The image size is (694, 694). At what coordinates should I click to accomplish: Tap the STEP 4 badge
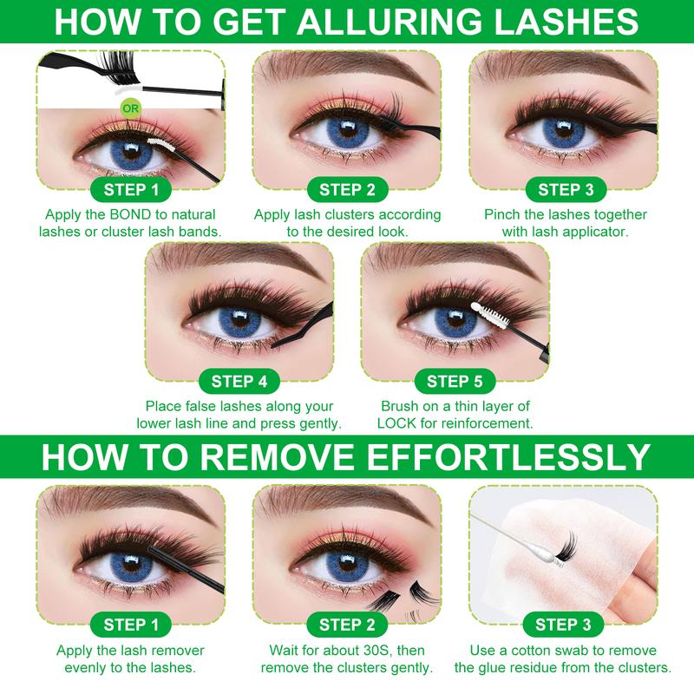click(x=239, y=380)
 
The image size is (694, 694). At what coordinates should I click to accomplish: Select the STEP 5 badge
click(x=455, y=380)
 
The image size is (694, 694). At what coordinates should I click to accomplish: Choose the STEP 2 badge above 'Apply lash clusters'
click(x=347, y=189)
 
